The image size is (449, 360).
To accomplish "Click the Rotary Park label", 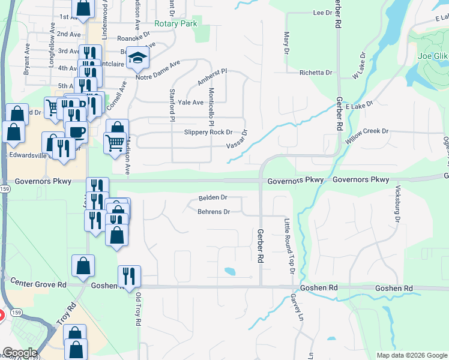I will tap(175, 24).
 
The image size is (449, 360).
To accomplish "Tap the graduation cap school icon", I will tap(138, 58).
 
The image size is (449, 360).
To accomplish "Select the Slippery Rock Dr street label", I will tap(208, 132).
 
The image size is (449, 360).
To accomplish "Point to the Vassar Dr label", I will tap(237, 142).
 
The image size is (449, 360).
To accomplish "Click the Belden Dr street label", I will tap(212, 197).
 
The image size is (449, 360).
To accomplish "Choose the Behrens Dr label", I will tap(214, 212).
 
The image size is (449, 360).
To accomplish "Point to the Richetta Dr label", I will tap(316, 73).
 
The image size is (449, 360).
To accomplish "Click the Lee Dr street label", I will tap(322, 13).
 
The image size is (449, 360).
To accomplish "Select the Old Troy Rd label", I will tap(137, 308).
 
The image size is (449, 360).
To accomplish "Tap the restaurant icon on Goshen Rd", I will tap(129, 276).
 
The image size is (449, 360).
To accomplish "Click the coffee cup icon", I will tap(77, 132).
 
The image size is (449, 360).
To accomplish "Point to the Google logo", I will tap(20, 353).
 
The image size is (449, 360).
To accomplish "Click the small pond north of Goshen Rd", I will tap(229, 271).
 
